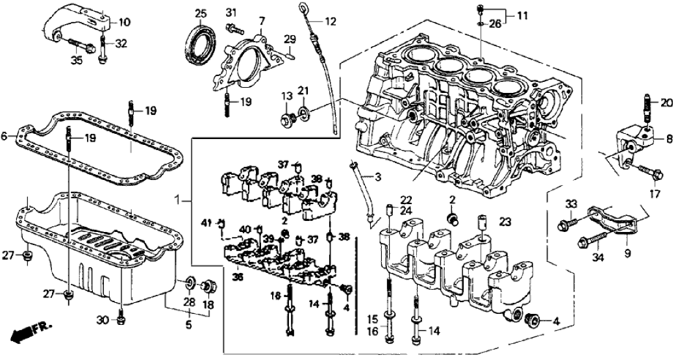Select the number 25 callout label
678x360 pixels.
[201, 14]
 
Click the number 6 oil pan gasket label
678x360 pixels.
[6, 136]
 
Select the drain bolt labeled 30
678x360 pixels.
[121, 318]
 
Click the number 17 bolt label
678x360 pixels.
[655, 194]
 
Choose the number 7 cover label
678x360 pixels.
[260, 21]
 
